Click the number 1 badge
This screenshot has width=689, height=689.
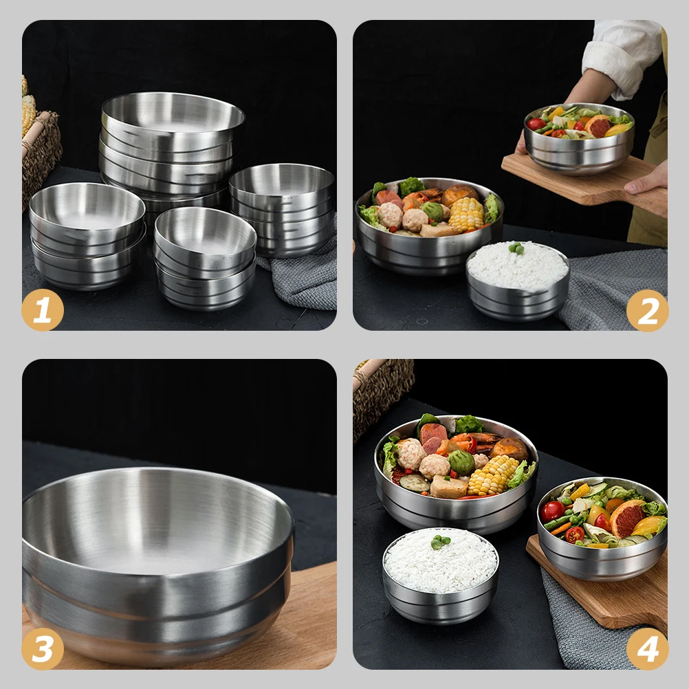pos(43,311)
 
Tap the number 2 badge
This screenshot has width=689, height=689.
pos(647,311)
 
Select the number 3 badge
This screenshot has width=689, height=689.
pos(43,649)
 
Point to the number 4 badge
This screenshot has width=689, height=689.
pos(647,649)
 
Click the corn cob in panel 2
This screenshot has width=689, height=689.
pos(466,214)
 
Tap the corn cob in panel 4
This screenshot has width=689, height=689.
pos(492,475)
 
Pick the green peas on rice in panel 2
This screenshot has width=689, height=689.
pos(516,248)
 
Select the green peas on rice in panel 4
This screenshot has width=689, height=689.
pos(440,542)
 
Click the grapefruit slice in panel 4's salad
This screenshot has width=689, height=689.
pos(626,518)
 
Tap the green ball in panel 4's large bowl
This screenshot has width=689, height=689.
pos(462,462)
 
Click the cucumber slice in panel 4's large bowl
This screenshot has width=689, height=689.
pos(414,483)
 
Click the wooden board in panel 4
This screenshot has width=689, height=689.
pos(605,595)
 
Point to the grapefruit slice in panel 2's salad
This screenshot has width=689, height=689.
pos(598,126)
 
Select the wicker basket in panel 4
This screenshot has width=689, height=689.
pos(382,392)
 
